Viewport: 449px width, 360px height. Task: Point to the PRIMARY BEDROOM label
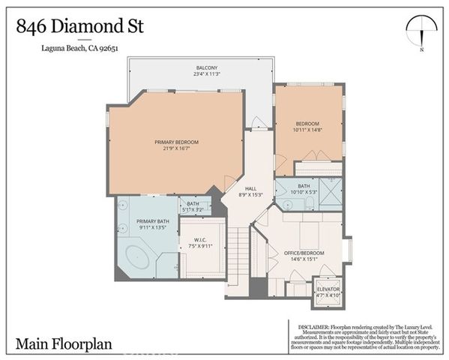click(x=176, y=142)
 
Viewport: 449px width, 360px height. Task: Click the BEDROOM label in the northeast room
click(x=307, y=124)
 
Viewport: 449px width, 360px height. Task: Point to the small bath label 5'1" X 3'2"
click(x=193, y=210)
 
